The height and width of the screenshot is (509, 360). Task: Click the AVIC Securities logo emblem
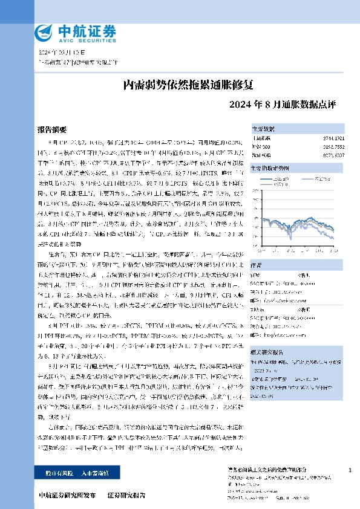click(x=44, y=31)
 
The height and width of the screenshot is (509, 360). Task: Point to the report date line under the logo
click(x=57, y=53)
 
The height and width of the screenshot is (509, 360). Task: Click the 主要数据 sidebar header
click(x=263, y=129)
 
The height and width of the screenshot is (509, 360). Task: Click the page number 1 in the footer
click(x=350, y=470)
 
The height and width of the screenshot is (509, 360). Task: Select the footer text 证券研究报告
click(x=126, y=495)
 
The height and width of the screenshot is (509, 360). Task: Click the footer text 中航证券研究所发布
click(x=67, y=495)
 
